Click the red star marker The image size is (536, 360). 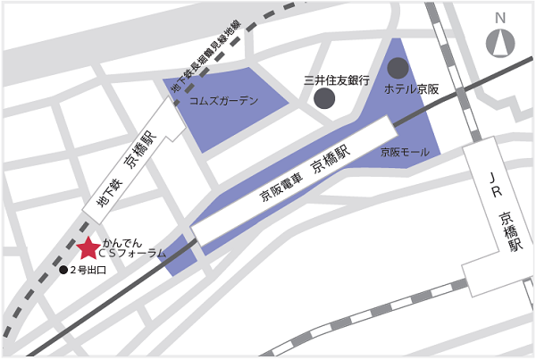pos(88,248)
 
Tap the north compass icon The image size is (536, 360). pos(500,43)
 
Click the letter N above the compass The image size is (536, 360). pos(500,18)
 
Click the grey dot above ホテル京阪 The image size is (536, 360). pos(398,67)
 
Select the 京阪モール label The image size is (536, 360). pos(405,153)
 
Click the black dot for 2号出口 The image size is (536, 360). pos(63,270)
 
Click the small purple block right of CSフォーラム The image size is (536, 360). pos(180,255)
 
